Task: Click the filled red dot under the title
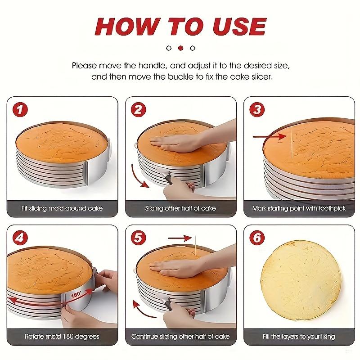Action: pyautogui.click(x=180, y=48)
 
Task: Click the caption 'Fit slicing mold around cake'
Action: pyautogui.click(x=62, y=208)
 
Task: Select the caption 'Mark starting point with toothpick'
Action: pyautogui.click(x=299, y=208)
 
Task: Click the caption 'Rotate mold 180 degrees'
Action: pyautogui.click(x=62, y=337)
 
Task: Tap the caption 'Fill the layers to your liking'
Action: pyautogui.click(x=299, y=337)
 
